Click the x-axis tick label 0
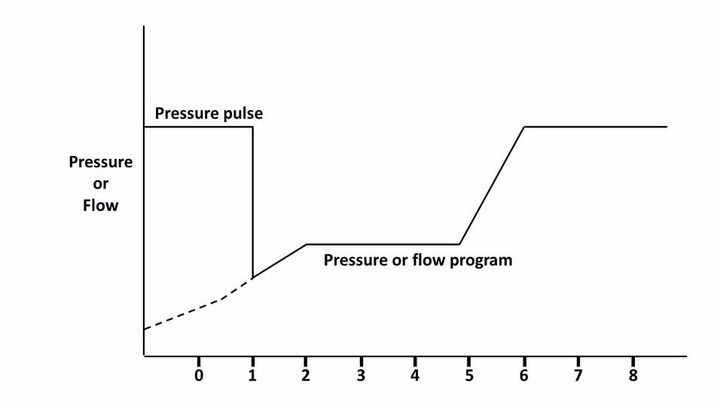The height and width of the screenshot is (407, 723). coord(199,375)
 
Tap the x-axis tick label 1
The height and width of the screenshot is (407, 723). coord(252,375)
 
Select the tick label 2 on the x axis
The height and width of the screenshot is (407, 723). coord(307,375)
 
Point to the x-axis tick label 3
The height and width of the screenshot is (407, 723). coord(361,375)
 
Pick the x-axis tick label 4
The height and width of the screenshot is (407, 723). coord(415,375)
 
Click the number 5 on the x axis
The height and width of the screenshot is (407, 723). coord(469,375)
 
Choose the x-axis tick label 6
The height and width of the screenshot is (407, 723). coord(524,375)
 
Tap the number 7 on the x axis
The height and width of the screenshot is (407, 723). coord(578,375)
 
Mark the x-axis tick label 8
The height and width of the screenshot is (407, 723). coord(633,375)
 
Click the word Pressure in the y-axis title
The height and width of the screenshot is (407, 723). coord(100,162)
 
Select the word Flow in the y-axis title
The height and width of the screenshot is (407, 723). coord(100,204)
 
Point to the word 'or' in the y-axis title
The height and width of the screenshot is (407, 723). coord(100,183)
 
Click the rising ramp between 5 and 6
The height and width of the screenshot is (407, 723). coord(492,186)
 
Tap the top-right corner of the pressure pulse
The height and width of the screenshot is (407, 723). coord(252,127)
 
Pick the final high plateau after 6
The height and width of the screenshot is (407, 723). coord(595,127)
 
